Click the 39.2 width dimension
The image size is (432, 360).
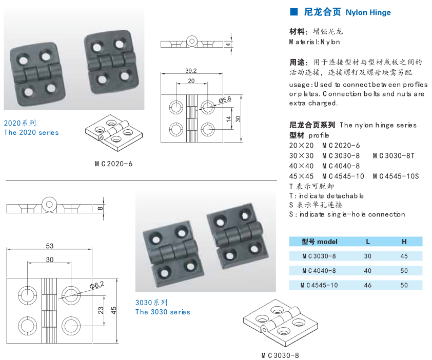pos(191,70)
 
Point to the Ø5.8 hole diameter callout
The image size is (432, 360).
pos(225,100)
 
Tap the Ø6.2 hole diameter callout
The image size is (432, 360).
pos(96,285)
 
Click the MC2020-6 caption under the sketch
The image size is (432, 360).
pos(113,164)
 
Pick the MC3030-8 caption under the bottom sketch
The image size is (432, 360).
pos(280,355)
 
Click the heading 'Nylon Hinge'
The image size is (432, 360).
pos(368,12)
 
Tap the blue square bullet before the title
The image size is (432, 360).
pos(294,12)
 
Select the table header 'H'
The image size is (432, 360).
pos(404,242)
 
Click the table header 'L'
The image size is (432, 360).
pos(367,242)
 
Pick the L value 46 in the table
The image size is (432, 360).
pos(367,285)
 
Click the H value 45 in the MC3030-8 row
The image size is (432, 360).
pos(404,256)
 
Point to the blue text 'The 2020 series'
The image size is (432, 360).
pos(31,132)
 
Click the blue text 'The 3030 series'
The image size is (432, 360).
pos(163,312)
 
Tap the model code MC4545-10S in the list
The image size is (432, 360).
pos(396,176)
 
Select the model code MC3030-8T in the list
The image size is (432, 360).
pos(393,155)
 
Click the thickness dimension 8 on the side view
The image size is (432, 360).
pos(100,208)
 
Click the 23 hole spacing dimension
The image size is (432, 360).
pos(101,310)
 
